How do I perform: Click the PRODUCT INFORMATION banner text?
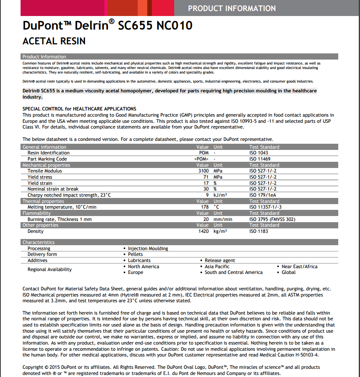pyautogui.click(x=232, y=8)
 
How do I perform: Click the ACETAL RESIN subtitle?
pyautogui.click(x=54, y=41)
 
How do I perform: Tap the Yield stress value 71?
pyautogui.click(x=206, y=177)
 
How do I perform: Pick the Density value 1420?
pyautogui.click(x=203, y=231)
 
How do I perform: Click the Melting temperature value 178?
pyautogui.click(x=204, y=207)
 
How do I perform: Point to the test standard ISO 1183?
pyautogui.click(x=259, y=231)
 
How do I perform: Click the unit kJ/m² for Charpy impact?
pyautogui.click(x=220, y=195)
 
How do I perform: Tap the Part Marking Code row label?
pyautogui.click(x=47, y=159)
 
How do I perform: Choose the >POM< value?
pyautogui.click(x=202, y=159)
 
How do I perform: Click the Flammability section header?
pyautogui.click(x=37, y=213)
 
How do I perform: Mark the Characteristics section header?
pyautogui.click(x=39, y=242)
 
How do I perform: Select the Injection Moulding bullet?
pyautogui.click(x=148, y=248)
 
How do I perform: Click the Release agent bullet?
pyautogui.click(x=220, y=260)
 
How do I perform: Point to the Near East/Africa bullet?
pyautogui.click(x=299, y=267)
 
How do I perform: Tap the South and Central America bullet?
pyautogui.click(x=234, y=272)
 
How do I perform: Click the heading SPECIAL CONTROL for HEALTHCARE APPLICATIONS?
pyautogui.click(x=79, y=109)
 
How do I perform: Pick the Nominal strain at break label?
pyautogui.click(x=53, y=189)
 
